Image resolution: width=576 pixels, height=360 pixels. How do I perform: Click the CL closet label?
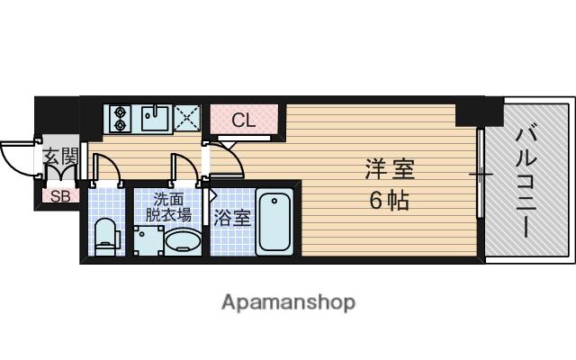point(243,119)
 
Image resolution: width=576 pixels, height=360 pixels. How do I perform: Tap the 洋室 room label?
point(390,168)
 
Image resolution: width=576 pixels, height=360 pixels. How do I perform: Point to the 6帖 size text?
point(389,200)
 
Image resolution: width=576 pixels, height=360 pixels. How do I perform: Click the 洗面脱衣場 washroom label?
point(171,207)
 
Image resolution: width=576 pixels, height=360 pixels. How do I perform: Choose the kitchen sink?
point(155,118)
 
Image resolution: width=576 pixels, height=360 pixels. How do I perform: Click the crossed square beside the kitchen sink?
point(188,118)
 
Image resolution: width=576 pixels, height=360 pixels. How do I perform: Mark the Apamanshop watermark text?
point(288,301)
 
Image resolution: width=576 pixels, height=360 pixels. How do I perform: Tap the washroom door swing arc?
point(182,168)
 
